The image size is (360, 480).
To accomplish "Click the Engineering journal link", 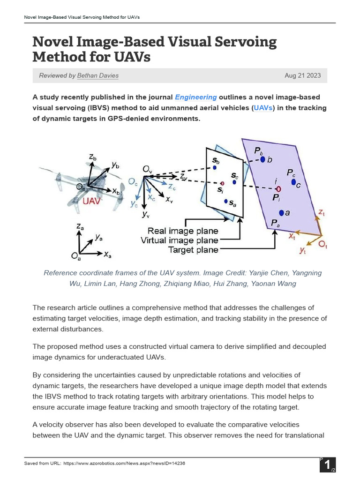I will (x=195, y=97).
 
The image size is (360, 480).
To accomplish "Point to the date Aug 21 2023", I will (x=303, y=75).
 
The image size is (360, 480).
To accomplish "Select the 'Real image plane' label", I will (x=183, y=231).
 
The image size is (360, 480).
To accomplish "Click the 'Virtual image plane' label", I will (x=180, y=240).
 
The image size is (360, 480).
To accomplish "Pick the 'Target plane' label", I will (x=193, y=250).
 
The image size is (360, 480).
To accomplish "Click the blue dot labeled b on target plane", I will (x=263, y=159).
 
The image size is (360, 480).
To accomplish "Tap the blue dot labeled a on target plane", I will (x=281, y=212).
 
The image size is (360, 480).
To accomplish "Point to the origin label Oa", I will (x=75, y=256).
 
